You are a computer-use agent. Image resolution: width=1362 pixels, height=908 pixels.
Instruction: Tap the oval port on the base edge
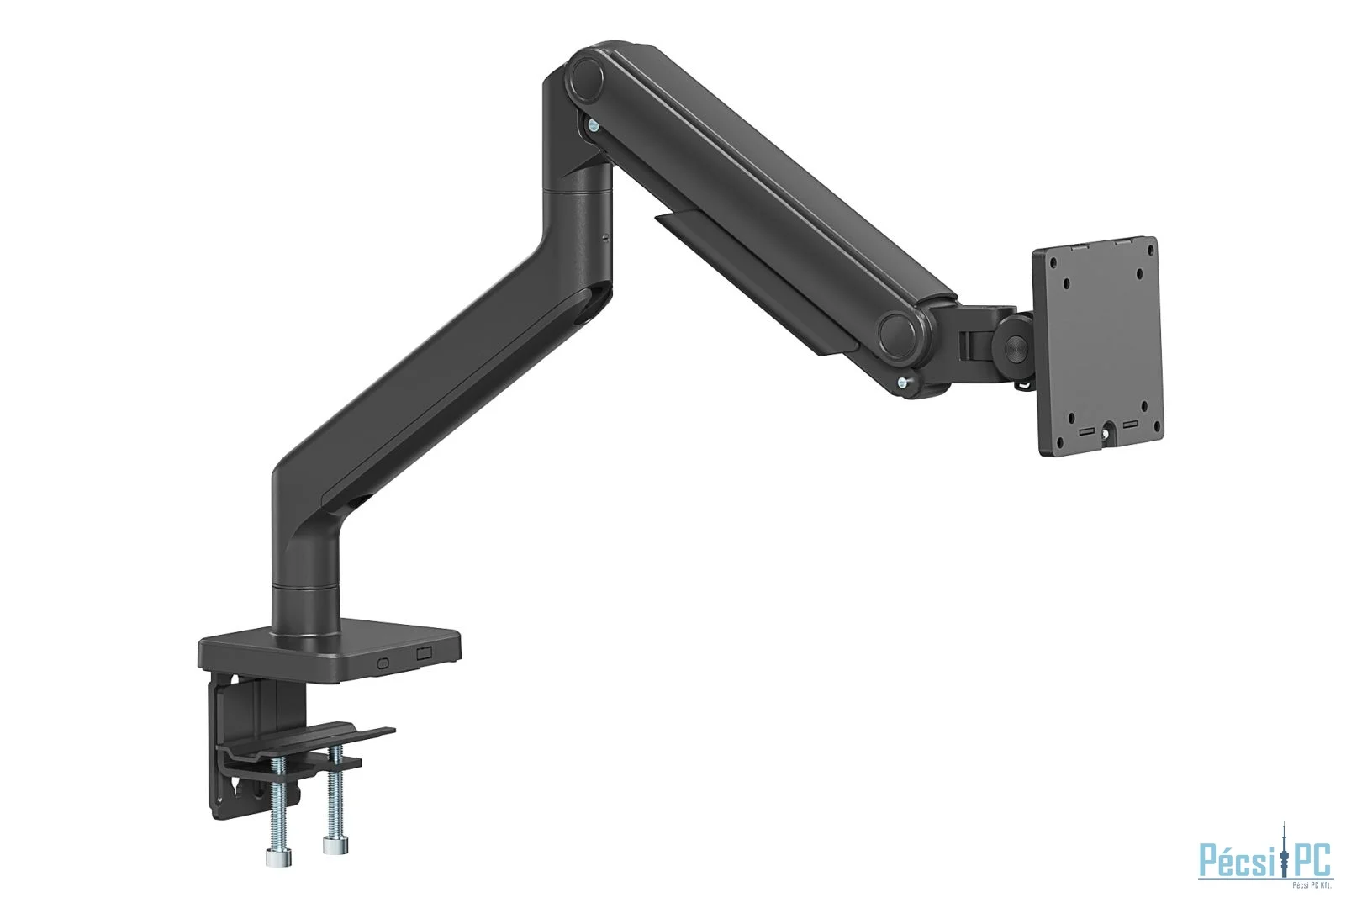384,662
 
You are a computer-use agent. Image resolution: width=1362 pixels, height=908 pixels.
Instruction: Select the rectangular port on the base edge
423,652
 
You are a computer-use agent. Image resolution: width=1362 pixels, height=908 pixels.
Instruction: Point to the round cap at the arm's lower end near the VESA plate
899,334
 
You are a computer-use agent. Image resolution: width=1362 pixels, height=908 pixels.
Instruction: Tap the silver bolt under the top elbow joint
594,126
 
